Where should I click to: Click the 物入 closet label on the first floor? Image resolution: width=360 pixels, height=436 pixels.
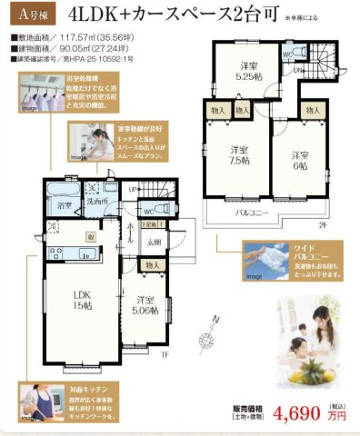click(x=153, y=265)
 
